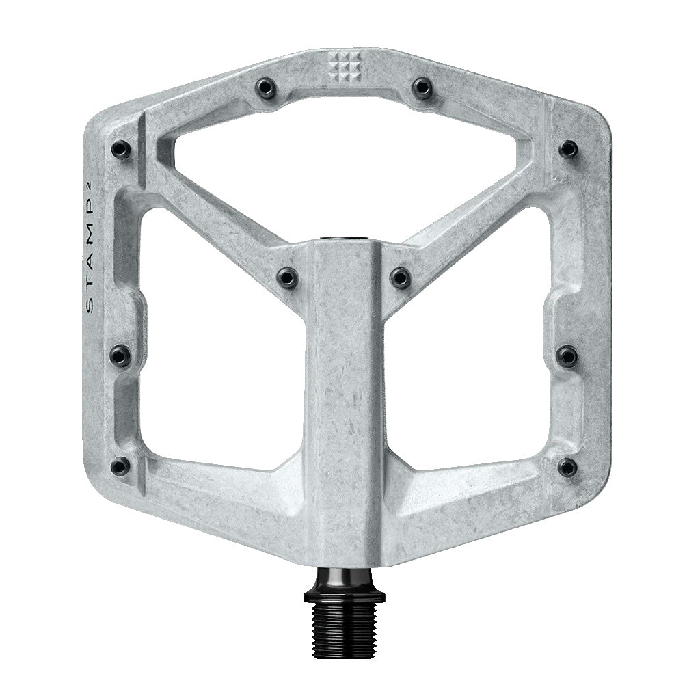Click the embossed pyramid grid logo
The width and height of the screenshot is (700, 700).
(345, 66)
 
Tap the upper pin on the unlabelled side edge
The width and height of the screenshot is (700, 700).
(568, 148)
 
